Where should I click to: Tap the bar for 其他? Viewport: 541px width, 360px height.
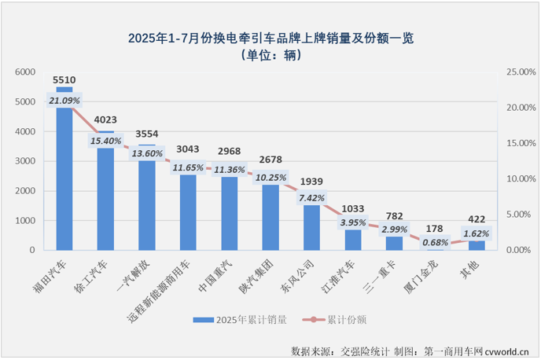click(x=477, y=244)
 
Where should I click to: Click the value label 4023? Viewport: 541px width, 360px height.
click(x=105, y=120)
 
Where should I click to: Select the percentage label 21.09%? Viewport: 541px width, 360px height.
click(x=64, y=101)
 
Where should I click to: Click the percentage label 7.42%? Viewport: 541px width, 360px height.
click(x=312, y=197)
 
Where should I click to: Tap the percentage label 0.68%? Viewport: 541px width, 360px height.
click(x=435, y=241)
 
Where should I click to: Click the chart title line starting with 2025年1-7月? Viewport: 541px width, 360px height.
click(x=270, y=38)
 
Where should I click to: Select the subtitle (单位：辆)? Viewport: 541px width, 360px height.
click(x=270, y=55)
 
